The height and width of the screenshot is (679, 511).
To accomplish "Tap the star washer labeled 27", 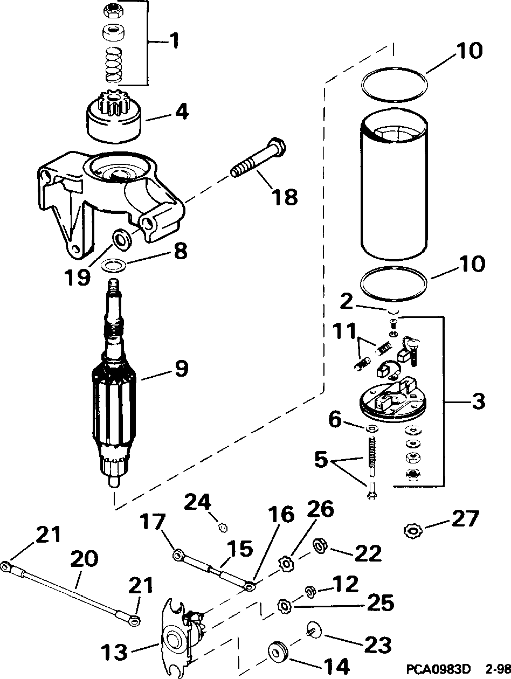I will coord(412,531).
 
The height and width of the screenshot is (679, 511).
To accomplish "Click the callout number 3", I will coord(475,401).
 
